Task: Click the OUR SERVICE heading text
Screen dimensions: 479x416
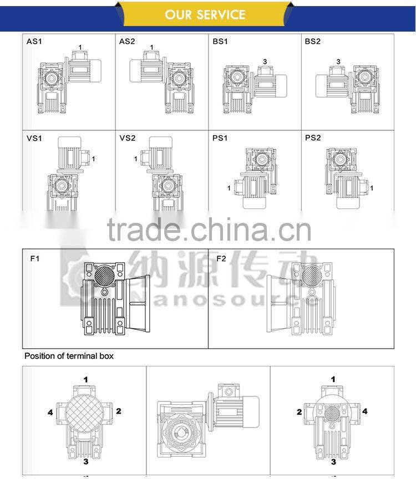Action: pos(205,14)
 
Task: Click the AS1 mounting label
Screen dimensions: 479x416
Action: pos(34,42)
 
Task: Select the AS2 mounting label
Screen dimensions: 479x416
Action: pos(127,42)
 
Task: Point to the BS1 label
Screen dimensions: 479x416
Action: pos(220,42)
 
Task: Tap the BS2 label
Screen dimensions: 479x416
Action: pos(313,42)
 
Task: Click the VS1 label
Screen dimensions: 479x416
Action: pos(34,138)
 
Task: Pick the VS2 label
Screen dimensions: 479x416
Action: pos(127,138)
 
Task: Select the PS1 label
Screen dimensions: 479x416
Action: pos(220,138)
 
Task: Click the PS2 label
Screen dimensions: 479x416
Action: pos(313,138)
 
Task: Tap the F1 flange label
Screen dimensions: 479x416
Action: pos(35,258)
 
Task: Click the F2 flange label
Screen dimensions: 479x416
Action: pos(221,258)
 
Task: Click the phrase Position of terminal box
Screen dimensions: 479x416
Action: pos(69,356)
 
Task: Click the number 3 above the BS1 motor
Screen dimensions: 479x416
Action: pos(265,62)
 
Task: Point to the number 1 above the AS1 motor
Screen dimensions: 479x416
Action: pos(80,47)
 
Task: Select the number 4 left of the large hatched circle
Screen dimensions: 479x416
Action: pos(50,412)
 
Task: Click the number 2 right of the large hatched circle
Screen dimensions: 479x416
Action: pos(118,411)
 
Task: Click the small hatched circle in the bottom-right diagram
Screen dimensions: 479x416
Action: pos(331,414)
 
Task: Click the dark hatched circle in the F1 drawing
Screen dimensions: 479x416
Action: pos(104,274)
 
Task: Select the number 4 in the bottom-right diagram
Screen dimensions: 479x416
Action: pos(365,411)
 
